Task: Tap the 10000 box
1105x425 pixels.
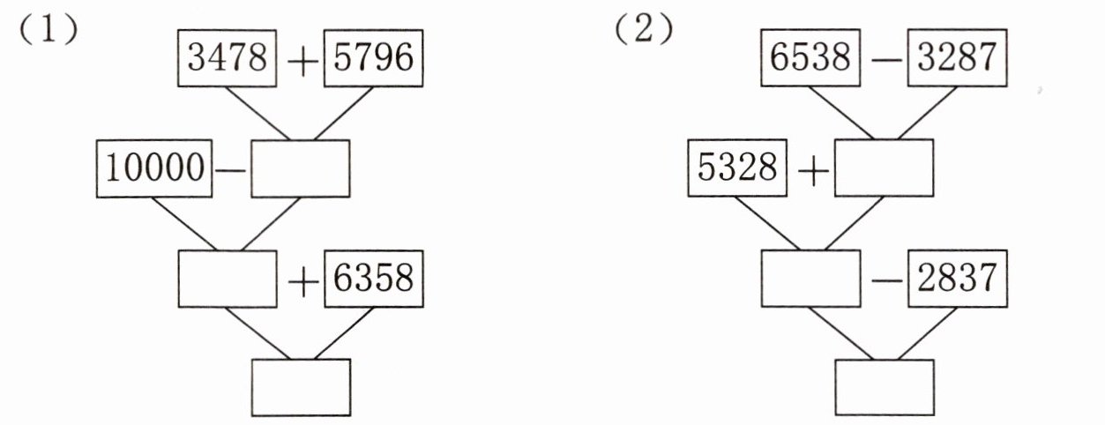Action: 154,168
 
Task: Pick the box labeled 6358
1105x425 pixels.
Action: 369,278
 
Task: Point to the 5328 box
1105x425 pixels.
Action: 736,168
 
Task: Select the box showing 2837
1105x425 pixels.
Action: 956,278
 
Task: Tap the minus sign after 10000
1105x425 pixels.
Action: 232,169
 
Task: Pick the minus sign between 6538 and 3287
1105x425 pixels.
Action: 885,63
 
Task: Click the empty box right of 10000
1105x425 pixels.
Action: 301,168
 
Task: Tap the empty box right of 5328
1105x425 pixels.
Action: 884,168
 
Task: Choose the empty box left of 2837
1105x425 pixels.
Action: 810,278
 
